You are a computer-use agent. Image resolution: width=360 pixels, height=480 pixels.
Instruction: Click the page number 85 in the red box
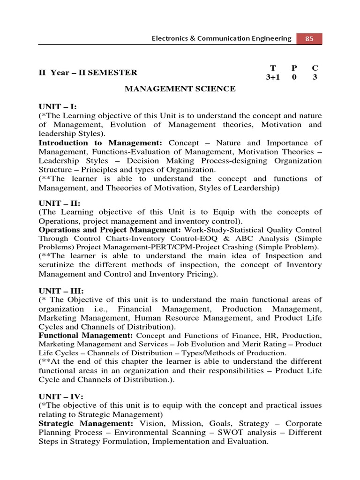click(309, 39)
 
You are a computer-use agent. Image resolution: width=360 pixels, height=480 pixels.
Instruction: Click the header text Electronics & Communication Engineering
click(221, 39)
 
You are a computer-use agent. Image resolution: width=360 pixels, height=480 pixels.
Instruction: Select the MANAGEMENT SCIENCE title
click(180, 89)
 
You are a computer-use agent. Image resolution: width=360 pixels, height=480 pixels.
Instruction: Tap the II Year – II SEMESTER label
click(88, 72)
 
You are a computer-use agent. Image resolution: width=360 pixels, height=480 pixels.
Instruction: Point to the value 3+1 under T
click(272, 77)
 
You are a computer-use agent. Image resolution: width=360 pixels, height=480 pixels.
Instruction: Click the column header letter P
click(294, 67)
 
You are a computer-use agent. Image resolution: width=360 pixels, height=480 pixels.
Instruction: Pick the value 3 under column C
click(315, 77)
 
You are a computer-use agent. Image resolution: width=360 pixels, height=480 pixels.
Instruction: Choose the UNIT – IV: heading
click(60, 397)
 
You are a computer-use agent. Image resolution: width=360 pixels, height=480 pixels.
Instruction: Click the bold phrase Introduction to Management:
click(100, 143)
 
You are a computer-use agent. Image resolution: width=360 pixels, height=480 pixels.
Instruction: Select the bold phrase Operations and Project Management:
click(110, 230)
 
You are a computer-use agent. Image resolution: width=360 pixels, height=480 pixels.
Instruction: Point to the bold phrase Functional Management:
click(86, 336)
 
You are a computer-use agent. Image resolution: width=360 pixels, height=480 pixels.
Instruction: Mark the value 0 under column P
click(294, 77)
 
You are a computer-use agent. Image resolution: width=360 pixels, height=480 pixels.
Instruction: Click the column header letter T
click(272, 67)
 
